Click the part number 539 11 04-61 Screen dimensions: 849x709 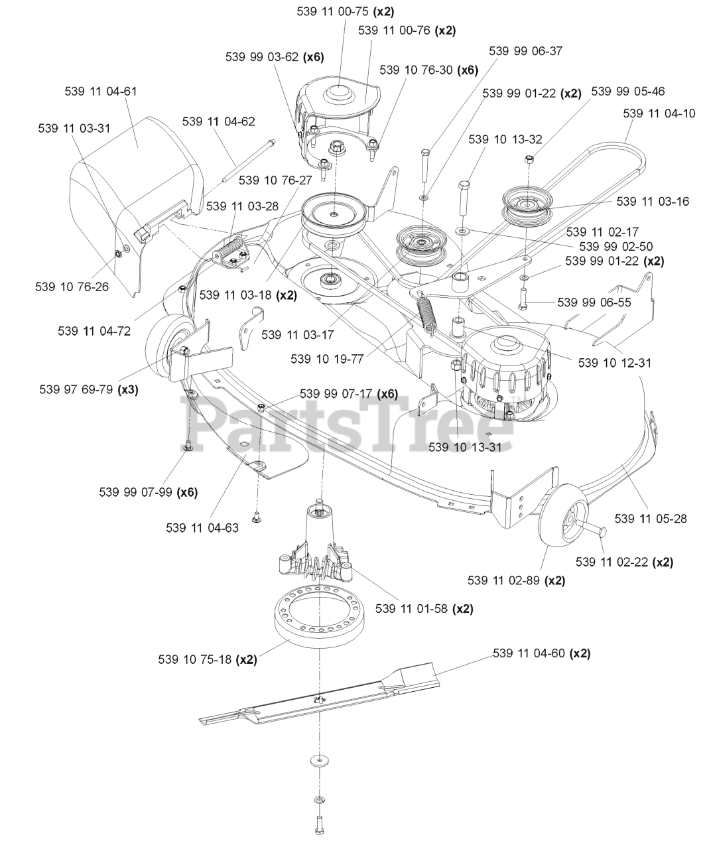(101, 92)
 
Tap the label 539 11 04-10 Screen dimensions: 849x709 (659, 113)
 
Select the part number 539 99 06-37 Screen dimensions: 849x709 (525, 51)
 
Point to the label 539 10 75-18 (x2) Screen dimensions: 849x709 (208, 659)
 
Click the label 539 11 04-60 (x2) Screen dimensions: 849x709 (541, 653)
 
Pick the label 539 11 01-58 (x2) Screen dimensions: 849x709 (424, 608)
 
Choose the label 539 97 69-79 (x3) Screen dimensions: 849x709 (90, 390)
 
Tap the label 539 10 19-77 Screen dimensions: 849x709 (326, 359)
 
